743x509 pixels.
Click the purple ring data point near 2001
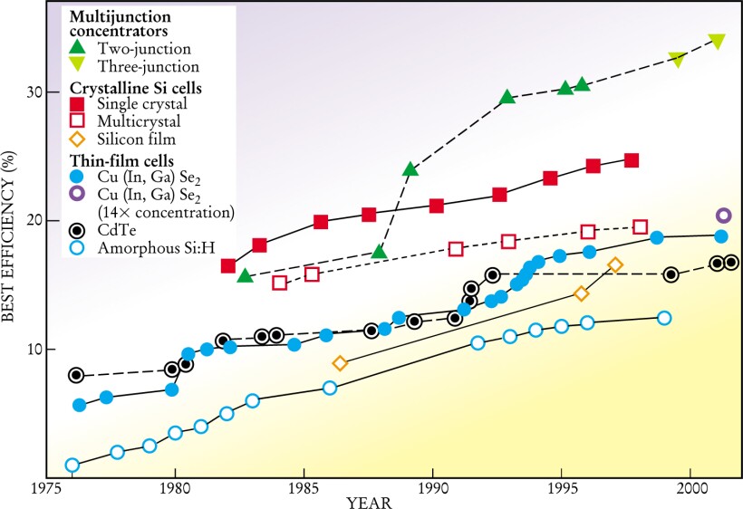tap(723, 216)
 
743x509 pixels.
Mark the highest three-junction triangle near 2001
tap(717, 41)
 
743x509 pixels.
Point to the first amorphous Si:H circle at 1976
tap(72, 466)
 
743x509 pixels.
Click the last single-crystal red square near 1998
tap(632, 160)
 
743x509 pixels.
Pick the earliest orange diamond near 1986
tap(340, 363)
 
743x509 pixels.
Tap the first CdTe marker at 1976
tap(76, 375)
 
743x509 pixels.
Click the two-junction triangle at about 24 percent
tap(410, 169)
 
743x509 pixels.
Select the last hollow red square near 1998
tap(641, 227)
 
